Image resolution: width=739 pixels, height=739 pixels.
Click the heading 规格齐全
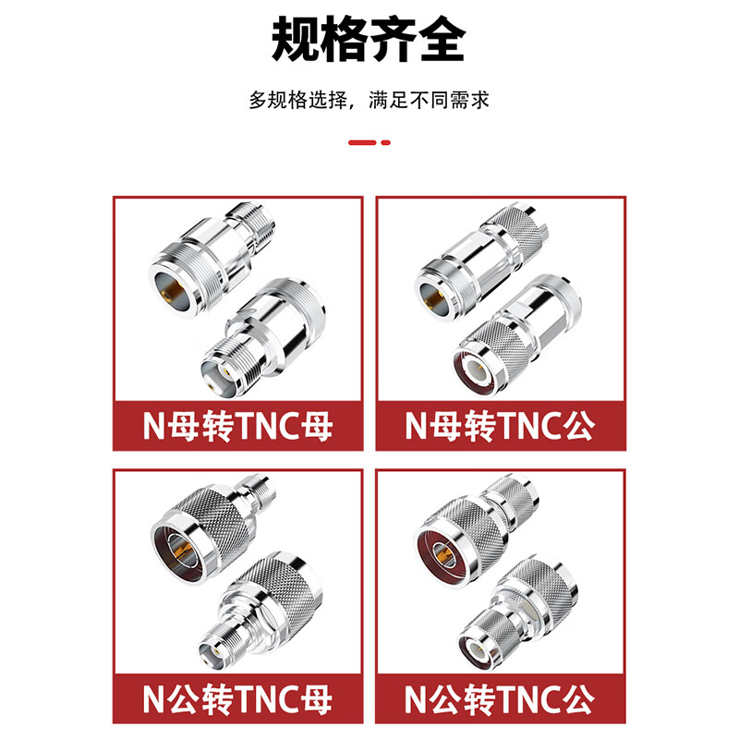[x=369, y=39]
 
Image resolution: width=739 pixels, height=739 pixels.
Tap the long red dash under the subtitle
[x=361, y=142]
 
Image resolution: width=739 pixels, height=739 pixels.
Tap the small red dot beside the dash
[x=386, y=142]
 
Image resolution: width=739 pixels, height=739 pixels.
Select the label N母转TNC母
[x=237, y=426]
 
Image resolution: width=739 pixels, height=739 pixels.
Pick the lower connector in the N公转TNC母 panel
[x=263, y=605]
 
